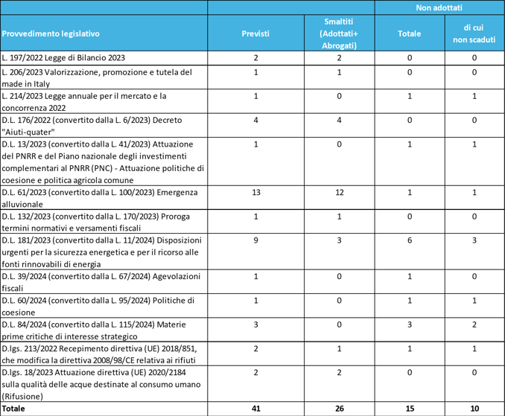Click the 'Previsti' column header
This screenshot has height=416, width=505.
(x=255, y=33)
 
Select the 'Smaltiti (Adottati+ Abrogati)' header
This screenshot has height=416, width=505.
(x=339, y=33)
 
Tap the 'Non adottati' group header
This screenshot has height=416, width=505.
(x=439, y=7)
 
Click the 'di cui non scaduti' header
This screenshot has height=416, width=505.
(x=474, y=33)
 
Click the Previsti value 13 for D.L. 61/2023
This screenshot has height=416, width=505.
(x=255, y=192)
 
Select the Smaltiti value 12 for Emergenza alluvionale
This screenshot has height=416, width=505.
(x=339, y=192)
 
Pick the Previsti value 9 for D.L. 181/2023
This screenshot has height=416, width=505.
(x=255, y=240)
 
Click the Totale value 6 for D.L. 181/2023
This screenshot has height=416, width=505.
(x=409, y=240)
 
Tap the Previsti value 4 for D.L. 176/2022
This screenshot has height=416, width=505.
(x=255, y=120)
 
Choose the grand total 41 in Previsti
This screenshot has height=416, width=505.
(x=255, y=409)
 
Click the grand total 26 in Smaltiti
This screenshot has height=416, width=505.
(x=339, y=409)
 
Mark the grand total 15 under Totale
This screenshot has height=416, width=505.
(x=409, y=409)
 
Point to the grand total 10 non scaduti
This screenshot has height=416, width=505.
(x=474, y=409)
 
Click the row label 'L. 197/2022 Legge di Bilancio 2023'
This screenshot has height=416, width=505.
(x=63, y=57)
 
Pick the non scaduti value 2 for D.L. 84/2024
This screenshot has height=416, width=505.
(x=474, y=324)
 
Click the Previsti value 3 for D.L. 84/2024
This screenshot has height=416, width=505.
(x=255, y=324)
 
